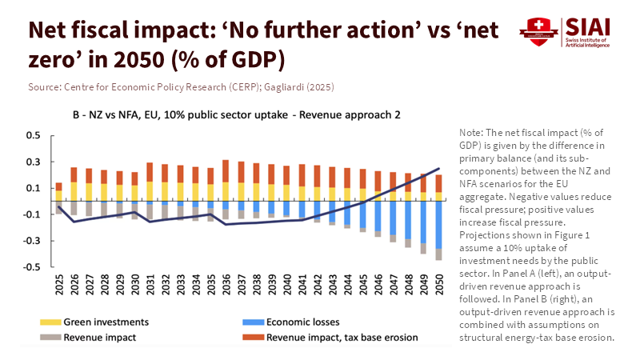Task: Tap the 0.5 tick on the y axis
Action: pyautogui.click(x=33, y=136)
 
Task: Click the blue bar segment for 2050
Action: pyautogui.click(x=438, y=225)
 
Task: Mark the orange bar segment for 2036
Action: pyautogui.click(x=226, y=171)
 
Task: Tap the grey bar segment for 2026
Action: pyautogui.click(x=74, y=208)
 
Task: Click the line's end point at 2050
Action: pyautogui.click(x=438, y=169)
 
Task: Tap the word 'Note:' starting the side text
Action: pyautogui.click(x=473, y=131)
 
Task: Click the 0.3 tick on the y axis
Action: pyautogui.click(x=33, y=162)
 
